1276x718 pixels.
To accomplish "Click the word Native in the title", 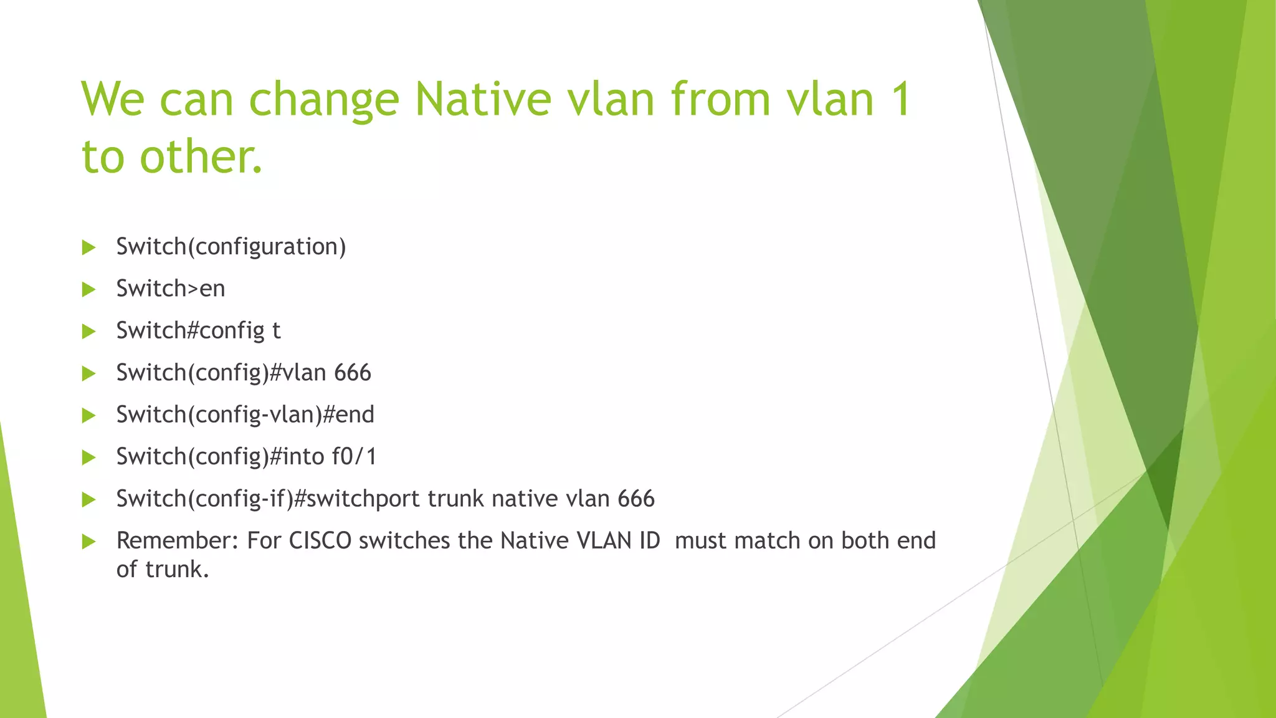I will click(x=483, y=100).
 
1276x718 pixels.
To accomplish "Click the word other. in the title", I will click(x=201, y=156).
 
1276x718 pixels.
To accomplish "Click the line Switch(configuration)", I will click(x=231, y=247).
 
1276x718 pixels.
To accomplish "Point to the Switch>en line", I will click(x=170, y=289).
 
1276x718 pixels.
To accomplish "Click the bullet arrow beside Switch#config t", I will click(x=88, y=332).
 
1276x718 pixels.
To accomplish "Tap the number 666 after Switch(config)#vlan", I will click(x=353, y=373).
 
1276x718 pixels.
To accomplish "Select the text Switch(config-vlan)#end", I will click(x=245, y=415).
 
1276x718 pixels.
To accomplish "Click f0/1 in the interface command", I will click(x=354, y=457).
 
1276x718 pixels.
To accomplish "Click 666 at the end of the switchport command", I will click(x=636, y=499).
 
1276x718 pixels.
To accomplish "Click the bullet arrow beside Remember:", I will click(x=88, y=542).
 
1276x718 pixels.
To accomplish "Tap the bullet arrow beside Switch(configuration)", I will click(x=88, y=247).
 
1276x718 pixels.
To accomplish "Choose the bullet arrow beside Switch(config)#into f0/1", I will click(x=88, y=457).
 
